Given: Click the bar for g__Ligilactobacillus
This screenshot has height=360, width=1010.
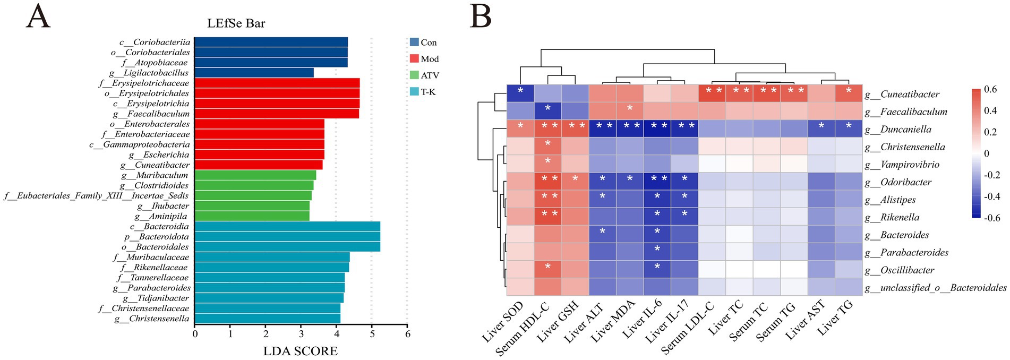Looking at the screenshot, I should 254,73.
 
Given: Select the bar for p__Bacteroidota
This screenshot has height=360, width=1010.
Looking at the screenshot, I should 287,237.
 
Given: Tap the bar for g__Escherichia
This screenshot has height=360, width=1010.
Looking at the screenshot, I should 259,155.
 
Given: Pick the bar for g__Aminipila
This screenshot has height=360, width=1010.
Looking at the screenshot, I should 252,216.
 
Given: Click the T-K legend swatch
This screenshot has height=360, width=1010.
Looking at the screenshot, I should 414,92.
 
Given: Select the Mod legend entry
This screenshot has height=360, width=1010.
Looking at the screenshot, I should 424,59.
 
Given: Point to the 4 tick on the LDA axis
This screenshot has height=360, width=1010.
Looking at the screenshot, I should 336,335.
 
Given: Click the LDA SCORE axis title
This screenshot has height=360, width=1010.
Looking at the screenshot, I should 300,351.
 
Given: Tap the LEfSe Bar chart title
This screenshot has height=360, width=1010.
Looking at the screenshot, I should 236,23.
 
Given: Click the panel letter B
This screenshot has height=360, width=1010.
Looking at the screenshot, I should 481,17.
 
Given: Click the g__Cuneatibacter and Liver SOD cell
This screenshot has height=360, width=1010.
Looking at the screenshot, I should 520,93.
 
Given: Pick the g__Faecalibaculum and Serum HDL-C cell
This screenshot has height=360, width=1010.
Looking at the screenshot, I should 548,111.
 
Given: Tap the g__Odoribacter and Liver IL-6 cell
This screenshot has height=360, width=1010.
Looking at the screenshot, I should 657,182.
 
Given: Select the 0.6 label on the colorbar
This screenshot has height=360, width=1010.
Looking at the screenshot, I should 990,89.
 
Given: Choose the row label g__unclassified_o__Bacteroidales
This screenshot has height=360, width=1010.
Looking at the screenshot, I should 935,288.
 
